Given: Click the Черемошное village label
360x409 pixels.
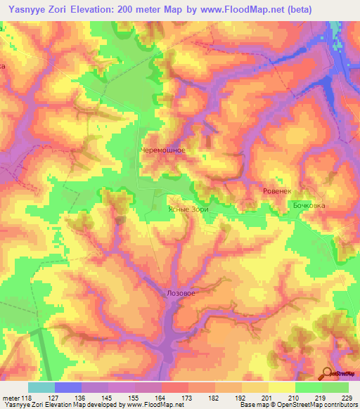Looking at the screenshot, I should (163, 150).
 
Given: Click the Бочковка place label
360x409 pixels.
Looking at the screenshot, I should (309, 205).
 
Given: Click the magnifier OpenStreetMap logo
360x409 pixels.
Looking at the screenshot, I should (328, 372).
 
